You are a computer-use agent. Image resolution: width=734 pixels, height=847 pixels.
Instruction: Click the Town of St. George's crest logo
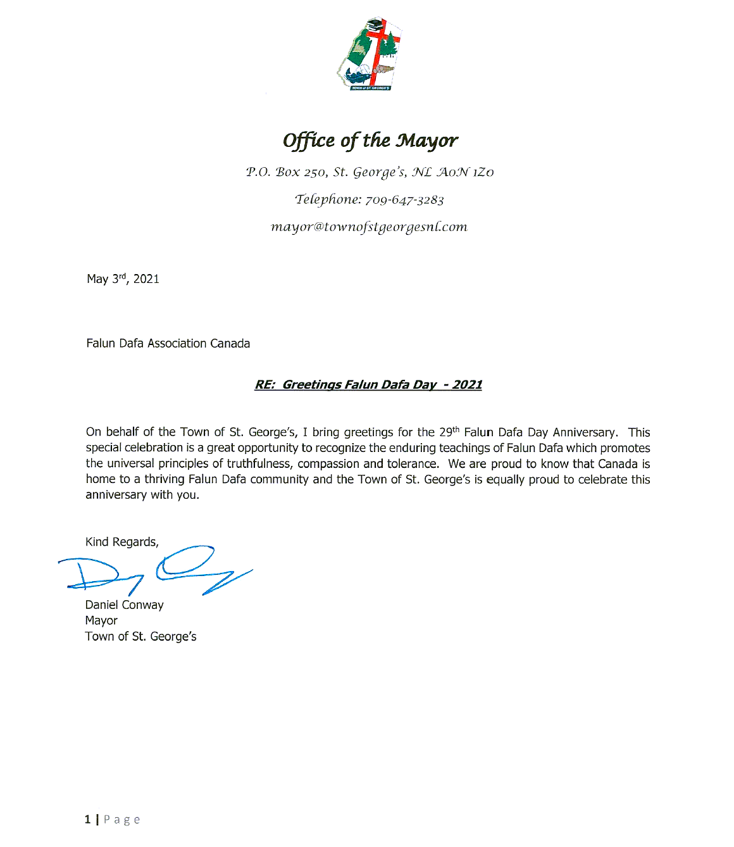pos(370,54)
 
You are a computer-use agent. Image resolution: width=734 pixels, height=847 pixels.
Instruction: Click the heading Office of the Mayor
pos(370,141)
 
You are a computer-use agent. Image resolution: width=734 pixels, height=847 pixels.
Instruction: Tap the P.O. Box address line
pos(370,172)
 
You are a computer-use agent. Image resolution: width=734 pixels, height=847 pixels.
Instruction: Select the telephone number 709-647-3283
pos(405,200)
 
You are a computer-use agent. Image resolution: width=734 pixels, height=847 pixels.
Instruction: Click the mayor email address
pos(369,227)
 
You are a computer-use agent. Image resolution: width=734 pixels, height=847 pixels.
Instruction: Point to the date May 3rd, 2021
pos(123,279)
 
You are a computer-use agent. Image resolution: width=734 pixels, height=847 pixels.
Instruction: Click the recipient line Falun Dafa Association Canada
pos(168,344)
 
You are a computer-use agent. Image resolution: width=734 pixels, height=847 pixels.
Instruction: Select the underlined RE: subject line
pos(368,385)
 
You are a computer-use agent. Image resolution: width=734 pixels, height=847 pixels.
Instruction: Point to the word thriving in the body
pos(165,479)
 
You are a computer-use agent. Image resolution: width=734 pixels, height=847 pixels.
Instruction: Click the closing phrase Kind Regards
pos(122,542)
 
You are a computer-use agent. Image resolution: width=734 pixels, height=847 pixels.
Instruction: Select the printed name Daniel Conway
pos(125,605)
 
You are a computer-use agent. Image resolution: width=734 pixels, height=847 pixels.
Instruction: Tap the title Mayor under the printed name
pos(101,621)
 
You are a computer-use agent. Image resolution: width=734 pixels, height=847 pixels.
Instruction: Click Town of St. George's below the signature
pos(141,637)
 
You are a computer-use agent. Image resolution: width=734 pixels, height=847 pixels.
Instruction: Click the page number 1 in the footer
pos(87,820)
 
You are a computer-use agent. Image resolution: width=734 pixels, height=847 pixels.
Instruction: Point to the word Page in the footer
pos(122,820)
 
